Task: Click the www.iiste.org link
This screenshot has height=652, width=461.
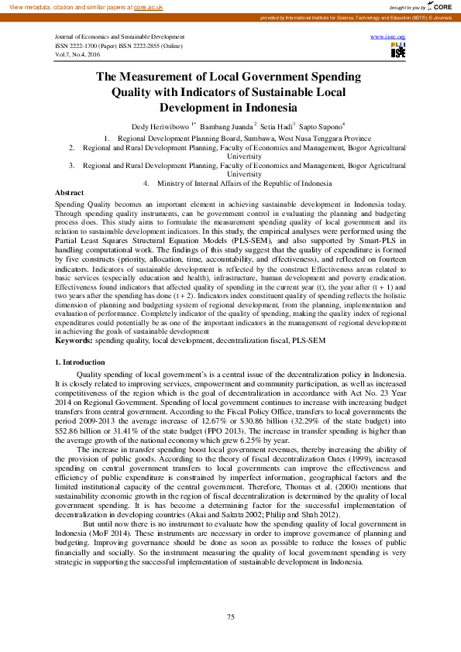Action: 388,37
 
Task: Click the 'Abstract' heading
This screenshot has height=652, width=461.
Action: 70,191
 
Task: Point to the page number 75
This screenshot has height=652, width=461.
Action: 230,616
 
